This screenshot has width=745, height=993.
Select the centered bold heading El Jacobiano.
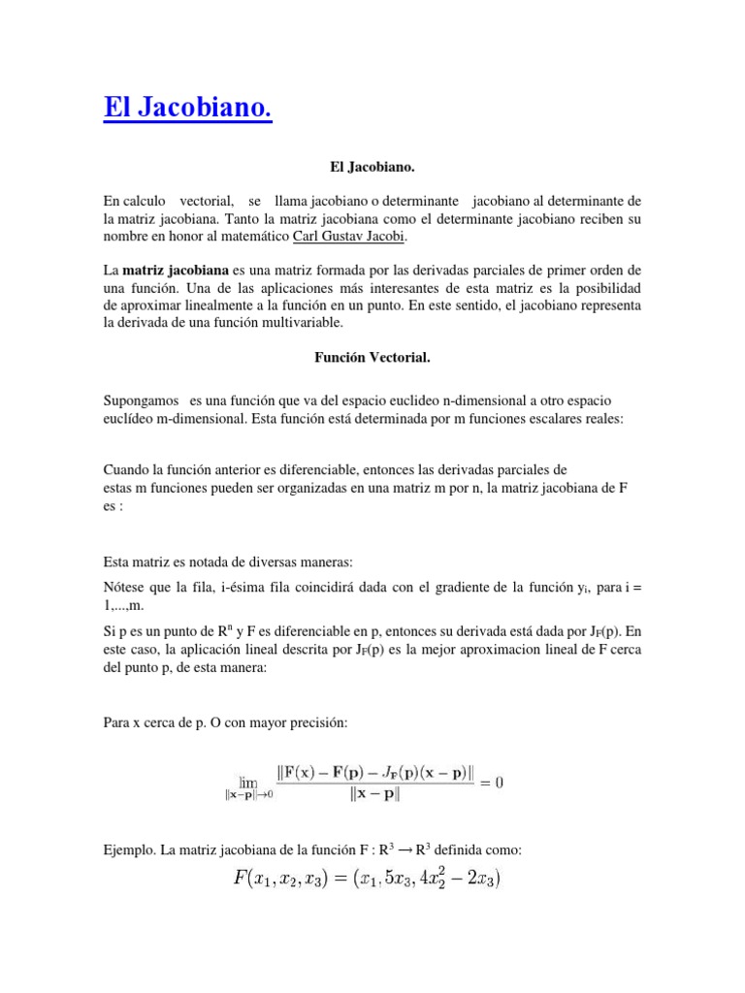[x=372, y=168]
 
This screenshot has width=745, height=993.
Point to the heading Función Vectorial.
[x=372, y=357]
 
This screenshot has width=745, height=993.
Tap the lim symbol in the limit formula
[x=248, y=780]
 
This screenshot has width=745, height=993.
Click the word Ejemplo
[x=130, y=849]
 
